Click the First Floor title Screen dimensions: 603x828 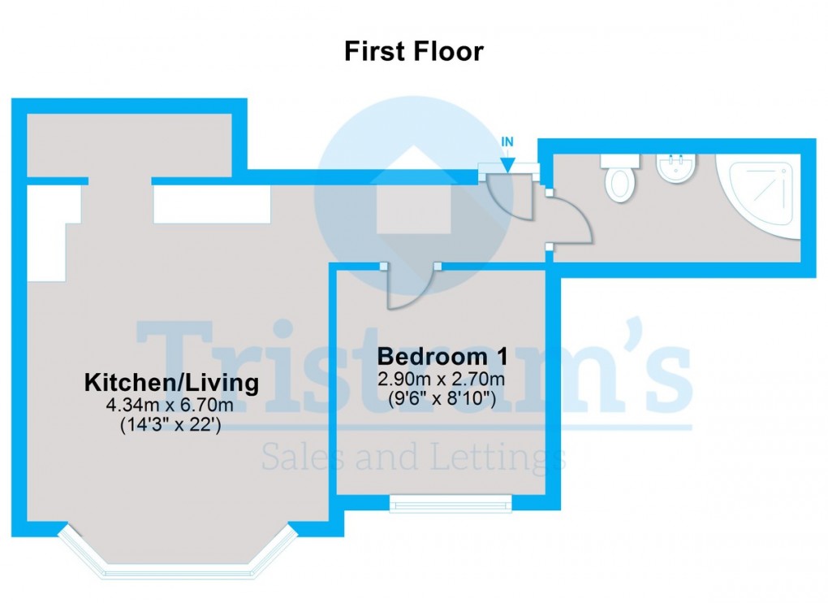point(413,51)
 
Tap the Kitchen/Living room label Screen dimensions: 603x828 point(172,382)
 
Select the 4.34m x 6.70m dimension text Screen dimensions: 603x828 point(172,404)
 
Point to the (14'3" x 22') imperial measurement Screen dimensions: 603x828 point(172,423)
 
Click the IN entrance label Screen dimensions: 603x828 point(507,141)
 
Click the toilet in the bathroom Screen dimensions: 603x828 point(620,178)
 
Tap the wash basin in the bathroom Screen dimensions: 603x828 point(675,169)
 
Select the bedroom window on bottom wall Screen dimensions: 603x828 point(451,503)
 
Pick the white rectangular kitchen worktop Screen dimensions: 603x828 point(212,204)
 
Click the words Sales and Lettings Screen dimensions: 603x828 point(413,458)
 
